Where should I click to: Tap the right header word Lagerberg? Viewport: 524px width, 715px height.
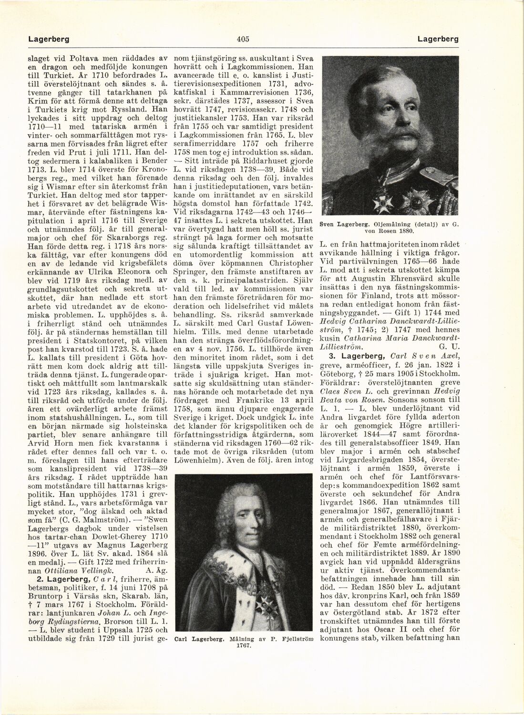[x=438, y=39]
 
